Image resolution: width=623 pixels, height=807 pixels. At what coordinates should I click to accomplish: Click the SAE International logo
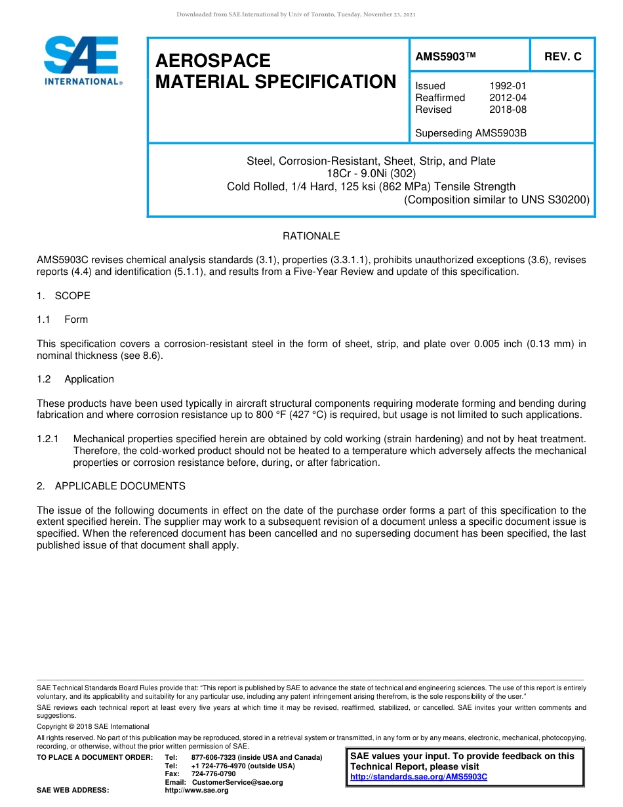coord(82,60)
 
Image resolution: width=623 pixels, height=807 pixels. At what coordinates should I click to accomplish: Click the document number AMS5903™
coord(445,57)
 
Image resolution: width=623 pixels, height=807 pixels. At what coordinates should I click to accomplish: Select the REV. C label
coord(562,57)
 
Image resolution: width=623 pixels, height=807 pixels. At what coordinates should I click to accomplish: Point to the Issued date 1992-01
coord(508,86)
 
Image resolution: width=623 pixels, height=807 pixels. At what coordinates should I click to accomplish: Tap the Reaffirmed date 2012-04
coord(508,98)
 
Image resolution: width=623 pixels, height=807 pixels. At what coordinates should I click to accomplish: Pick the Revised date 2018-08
coord(508,110)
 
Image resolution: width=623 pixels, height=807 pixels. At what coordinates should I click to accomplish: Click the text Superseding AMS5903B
coord(471,133)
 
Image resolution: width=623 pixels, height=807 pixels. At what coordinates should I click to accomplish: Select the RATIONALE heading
coord(311,236)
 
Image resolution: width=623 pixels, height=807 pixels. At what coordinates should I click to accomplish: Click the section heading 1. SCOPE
coord(64,296)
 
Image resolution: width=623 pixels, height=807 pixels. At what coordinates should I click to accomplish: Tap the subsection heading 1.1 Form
coord(63,320)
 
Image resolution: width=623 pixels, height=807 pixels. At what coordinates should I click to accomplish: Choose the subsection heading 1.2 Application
coord(75,379)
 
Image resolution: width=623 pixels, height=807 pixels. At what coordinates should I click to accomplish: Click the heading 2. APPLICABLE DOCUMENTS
coord(111,486)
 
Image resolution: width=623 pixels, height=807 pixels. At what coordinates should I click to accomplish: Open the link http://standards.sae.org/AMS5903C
coord(418,777)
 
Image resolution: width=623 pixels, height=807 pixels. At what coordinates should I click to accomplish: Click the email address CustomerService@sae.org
coord(237,782)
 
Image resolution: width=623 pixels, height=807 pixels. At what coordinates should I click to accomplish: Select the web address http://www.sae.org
coord(197,791)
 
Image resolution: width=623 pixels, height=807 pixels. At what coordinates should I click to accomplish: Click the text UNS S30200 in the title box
coord(556,199)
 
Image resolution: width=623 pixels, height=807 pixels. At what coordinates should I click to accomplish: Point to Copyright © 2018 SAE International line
coord(93,726)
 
